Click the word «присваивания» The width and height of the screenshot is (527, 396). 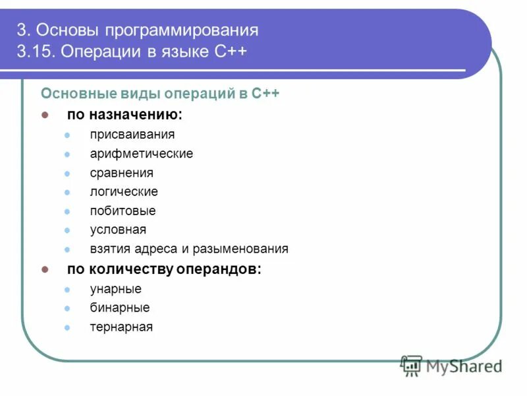click(132, 135)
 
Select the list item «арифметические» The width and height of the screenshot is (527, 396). click(142, 154)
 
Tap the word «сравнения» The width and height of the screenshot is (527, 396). click(122, 173)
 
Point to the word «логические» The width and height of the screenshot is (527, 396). click(124, 192)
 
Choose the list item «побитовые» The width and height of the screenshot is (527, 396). click(123, 211)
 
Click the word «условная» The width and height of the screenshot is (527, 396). click(118, 230)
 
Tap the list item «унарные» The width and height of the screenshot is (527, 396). click(116, 288)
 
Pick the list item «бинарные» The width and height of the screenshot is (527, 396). click(120, 308)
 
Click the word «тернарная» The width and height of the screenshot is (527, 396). click(121, 327)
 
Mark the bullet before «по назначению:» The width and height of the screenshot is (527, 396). click(45, 115)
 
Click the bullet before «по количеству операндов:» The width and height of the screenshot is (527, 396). click(45, 269)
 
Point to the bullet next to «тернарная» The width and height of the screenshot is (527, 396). click(67, 327)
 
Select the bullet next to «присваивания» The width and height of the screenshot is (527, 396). click(67, 135)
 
